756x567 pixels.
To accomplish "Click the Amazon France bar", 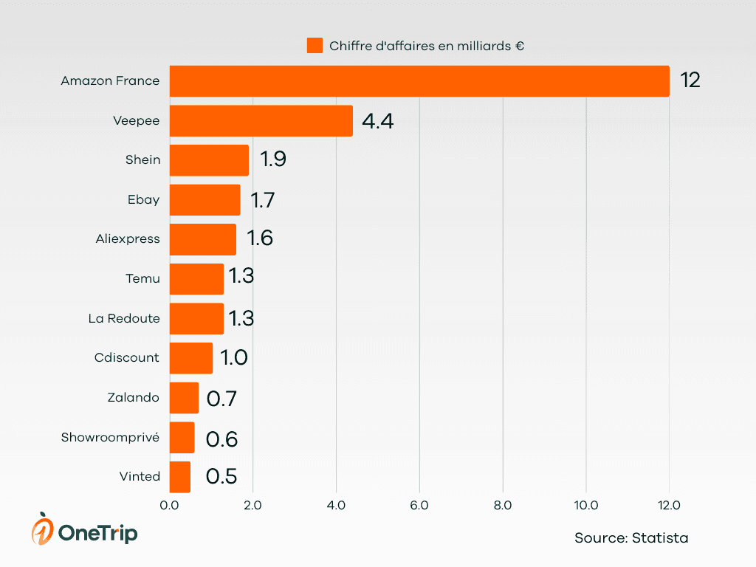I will (419, 80).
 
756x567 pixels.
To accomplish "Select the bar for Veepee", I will (261, 120).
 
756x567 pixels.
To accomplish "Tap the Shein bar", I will (209, 160).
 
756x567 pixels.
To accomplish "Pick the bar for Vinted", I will (180, 477).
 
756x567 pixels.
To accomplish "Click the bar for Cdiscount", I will (191, 358).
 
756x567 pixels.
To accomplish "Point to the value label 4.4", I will (377, 121).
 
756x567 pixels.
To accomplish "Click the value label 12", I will (690, 80).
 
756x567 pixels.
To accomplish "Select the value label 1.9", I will (272, 160).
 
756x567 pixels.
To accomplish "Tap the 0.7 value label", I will (221, 399).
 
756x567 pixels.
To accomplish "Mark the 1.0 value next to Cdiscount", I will (234, 358).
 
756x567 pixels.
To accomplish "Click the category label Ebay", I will (143, 199).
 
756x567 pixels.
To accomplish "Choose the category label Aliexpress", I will (127, 239).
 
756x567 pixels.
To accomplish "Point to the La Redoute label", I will (123, 318).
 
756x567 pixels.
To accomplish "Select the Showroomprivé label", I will (110, 437).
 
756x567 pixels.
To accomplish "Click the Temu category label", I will (142, 278).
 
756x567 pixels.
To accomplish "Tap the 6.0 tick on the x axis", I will (419, 506).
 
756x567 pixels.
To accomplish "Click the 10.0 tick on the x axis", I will (586, 506).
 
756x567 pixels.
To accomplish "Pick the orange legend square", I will (315, 46).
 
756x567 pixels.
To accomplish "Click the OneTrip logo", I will (84, 530).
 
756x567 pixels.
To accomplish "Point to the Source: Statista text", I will (631, 538).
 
